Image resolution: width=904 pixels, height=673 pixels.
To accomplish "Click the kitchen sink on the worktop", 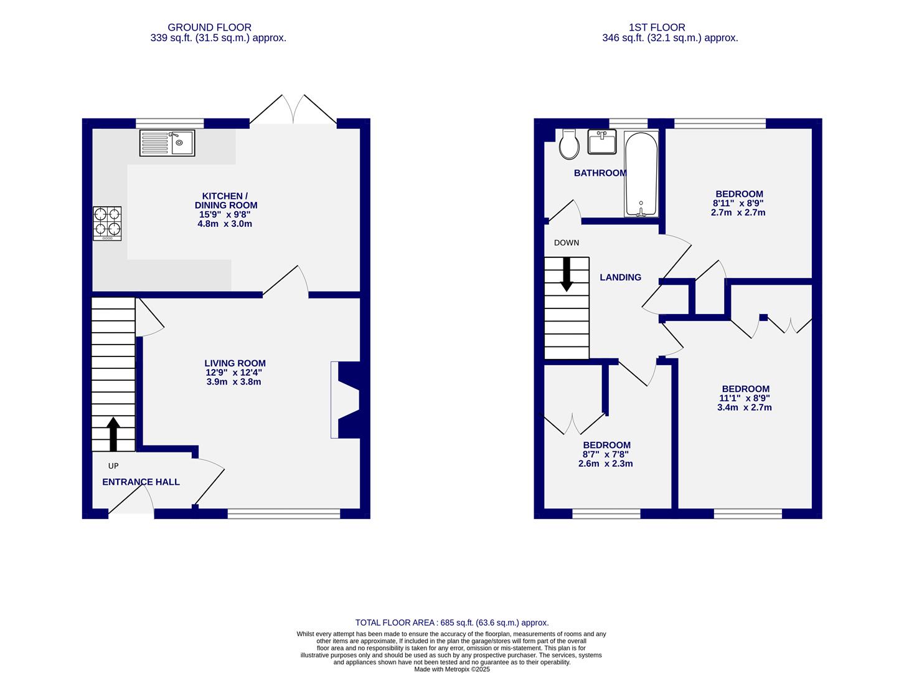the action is click(167, 143).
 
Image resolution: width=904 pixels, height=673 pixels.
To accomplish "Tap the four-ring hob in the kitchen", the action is click(107, 223).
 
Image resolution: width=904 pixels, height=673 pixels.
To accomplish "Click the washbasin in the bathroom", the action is click(601, 141).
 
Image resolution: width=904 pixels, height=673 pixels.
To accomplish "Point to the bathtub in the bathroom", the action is click(641, 174).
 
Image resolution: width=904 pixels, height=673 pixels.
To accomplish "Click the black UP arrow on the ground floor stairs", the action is click(113, 434).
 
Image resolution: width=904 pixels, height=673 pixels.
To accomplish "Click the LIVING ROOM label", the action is click(235, 363).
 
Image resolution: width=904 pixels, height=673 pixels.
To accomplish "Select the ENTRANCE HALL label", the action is click(141, 482).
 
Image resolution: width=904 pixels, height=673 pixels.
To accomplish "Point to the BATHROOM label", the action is click(600, 173).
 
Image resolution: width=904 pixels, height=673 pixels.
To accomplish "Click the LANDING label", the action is click(620, 277).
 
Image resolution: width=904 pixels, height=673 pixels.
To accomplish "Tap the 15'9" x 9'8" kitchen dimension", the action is click(225, 214).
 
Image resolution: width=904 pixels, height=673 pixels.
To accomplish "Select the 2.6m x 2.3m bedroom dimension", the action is click(605, 463).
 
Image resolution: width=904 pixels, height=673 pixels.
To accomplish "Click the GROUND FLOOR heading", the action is click(209, 27).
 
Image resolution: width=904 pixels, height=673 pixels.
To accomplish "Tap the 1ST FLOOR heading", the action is click(657, 27).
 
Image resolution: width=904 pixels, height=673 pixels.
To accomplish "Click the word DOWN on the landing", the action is click(566, 242).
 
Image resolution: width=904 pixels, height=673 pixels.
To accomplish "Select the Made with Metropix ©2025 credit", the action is click(452, 669).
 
